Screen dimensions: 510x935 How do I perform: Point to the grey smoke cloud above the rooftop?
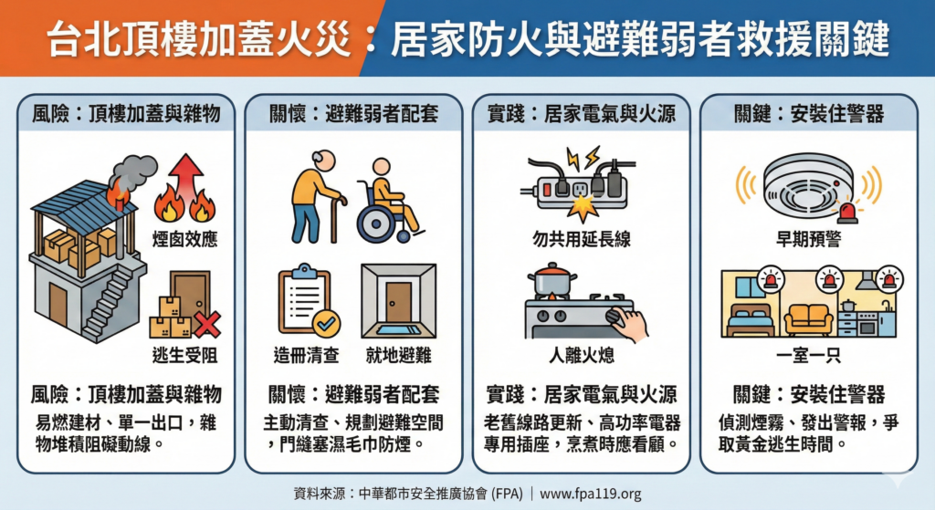click(133, 171)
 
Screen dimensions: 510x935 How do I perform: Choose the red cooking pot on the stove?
click(557, 280)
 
